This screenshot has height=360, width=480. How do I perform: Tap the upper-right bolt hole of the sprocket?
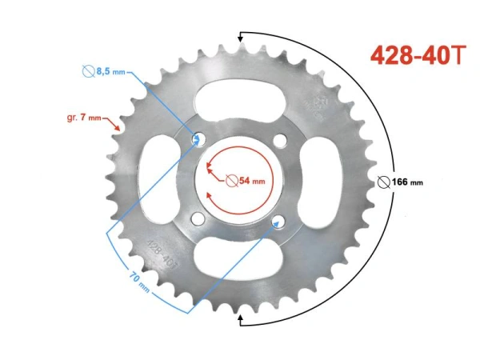click(279, 141)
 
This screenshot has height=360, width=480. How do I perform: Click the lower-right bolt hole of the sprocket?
click(279, 220)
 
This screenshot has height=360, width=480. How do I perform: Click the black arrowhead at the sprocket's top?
click(240, 36)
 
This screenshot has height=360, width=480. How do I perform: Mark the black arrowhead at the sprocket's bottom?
click(240, 320)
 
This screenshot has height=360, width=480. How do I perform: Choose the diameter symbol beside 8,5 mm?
click(88, 71)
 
